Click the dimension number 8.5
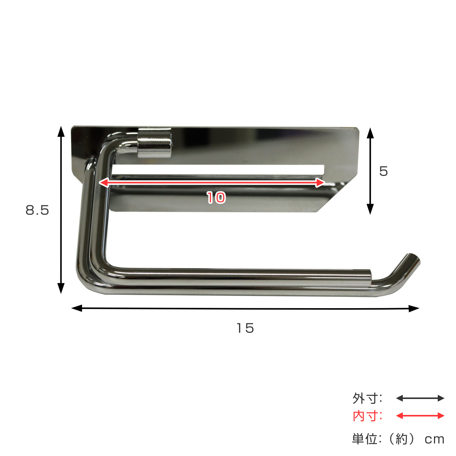click(x=37, y=210)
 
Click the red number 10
click(x=216, y=197)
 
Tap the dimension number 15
click(x=245, y=328)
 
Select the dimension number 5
click(x=383, y=171)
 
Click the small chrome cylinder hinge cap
click(x=154, y=143)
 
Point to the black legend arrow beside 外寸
click(x=420, y=398)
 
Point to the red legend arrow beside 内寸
click(x=420, y=416)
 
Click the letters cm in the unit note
click(x=434, y=440)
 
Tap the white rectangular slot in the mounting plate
click(x=217, y=169)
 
